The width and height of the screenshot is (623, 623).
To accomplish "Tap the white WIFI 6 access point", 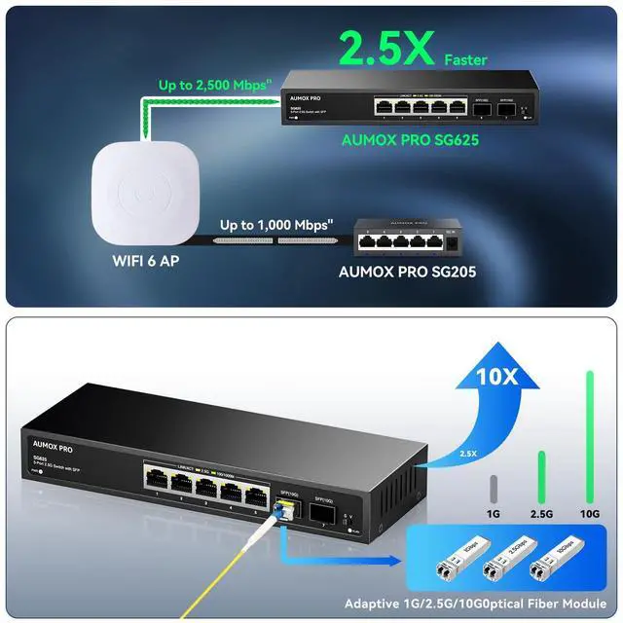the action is click(x=145, y=189).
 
